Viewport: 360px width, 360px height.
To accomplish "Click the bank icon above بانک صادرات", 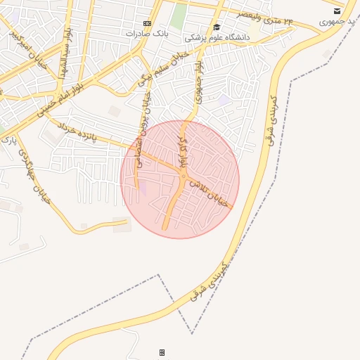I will (x=146, y=23).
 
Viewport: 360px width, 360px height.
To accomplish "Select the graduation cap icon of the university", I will (x=217, y=27).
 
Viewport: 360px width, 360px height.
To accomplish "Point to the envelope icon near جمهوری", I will (x=337, y=11).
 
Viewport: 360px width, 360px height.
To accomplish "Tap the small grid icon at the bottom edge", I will (x=162, y=352).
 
